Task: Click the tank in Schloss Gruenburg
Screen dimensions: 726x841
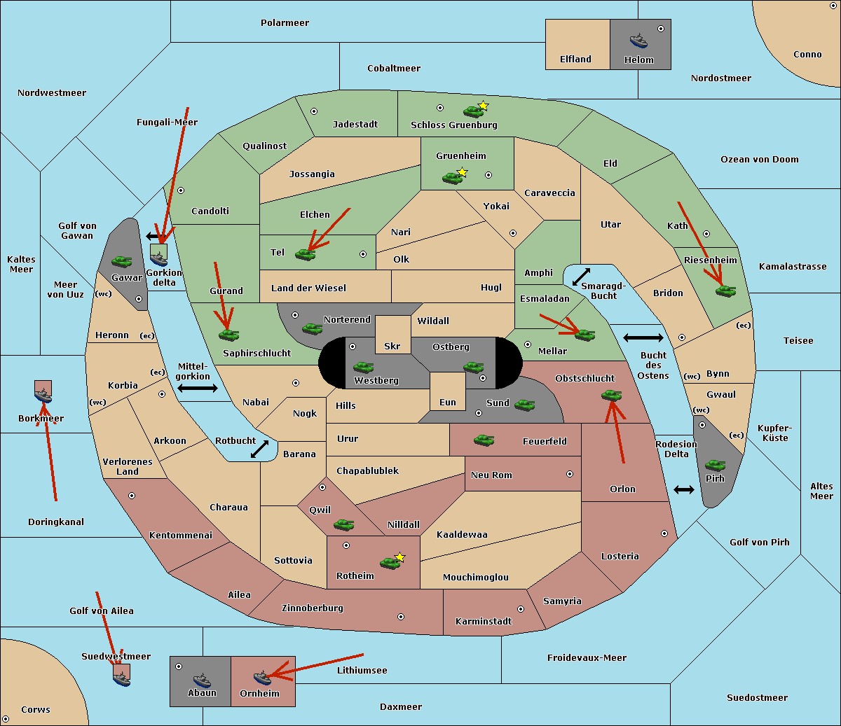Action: [x=473, y=111]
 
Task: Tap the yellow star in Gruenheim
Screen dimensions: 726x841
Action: [x=463, y=172]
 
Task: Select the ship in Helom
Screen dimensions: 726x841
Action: [x=638, y=41]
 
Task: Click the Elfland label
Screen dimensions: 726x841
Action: [x=575, y=60]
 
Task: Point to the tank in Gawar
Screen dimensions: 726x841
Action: [x=122, y=261]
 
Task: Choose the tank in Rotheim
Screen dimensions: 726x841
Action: [x=389, y=562]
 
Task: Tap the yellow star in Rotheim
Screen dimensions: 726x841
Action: [x=400, y=557]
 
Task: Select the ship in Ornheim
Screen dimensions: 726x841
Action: [x=262, y=678]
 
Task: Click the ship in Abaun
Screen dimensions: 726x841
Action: [x=202, y=680]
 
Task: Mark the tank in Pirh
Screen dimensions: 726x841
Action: [x=715, y=465]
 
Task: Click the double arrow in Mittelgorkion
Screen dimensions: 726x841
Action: [x=198, y=388]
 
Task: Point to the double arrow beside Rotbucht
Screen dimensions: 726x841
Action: [x=260, y=449]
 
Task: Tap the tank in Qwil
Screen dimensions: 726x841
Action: [x=343, y=524]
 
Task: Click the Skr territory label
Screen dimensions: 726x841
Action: [x=392, y=346]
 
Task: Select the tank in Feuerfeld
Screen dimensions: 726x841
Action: [x=484, y=440]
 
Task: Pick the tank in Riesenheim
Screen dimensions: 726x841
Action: [x=725, y=291]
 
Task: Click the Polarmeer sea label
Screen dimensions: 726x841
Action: [x=285, y=23]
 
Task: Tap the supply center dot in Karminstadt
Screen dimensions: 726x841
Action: [x=521, y=609]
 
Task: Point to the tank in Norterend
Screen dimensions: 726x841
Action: [x=312, y=328]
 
